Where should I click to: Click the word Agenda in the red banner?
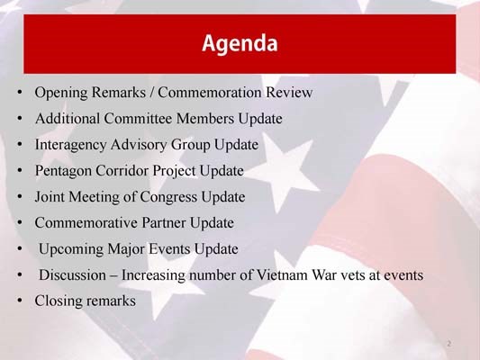(x=239, y=42)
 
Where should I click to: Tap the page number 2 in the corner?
(x=448, y=344)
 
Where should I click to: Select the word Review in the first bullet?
(x=289, y=93)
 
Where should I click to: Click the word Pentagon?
(x=62, y=171)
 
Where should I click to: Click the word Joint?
(x=50, y=196)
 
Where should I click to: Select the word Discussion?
(x=73, y=274)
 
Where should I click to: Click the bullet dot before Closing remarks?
(x=19, y=301)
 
